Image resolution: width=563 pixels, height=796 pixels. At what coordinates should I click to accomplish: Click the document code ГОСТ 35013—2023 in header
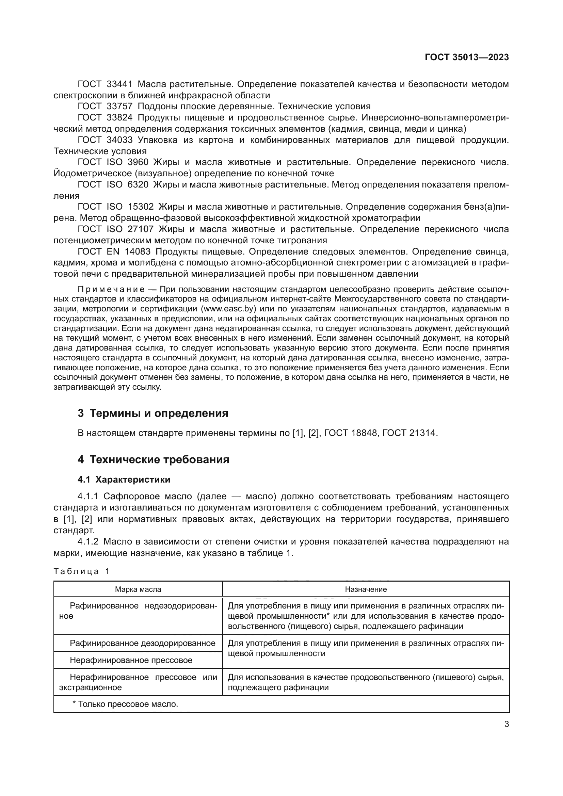click(467, 57)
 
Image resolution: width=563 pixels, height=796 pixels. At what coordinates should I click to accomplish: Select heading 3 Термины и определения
click(153, 413)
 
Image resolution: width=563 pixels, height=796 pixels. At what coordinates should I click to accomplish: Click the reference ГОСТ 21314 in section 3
click(410, 433)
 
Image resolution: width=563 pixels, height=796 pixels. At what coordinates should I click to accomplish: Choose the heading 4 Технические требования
click(153, 459)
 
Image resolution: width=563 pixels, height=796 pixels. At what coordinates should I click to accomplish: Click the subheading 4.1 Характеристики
click(124, 480)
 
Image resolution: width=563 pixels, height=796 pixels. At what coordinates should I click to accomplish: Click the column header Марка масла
click(138, 589)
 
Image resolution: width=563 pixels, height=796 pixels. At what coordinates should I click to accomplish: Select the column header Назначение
click(366, 589)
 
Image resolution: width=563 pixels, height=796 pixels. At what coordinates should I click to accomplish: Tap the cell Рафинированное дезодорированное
click(142, 643)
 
